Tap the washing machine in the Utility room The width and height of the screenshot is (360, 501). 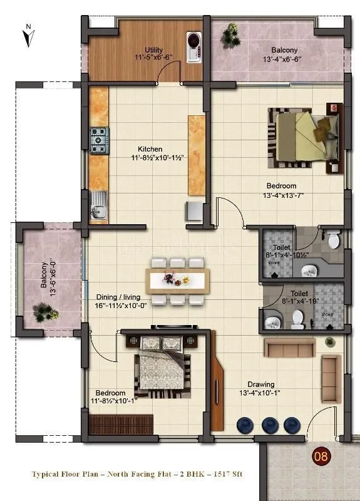193,42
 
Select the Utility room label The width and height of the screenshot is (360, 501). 155,49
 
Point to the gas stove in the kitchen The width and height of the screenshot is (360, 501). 99,141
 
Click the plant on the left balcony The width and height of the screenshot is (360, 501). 44,311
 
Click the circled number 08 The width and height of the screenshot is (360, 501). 321,456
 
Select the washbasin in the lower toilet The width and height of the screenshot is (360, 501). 271,323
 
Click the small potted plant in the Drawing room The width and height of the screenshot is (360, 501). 329,341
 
